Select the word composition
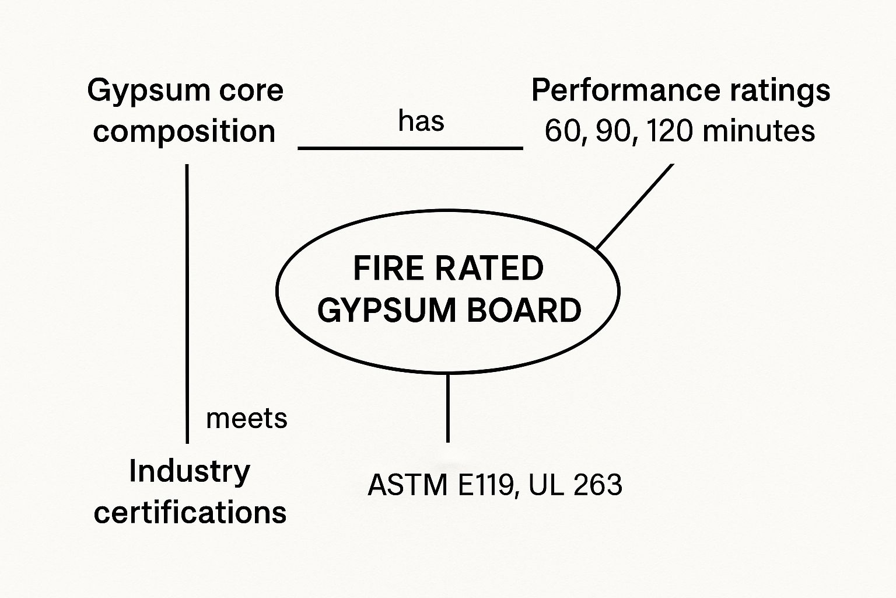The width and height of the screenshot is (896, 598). [x=184, y=131]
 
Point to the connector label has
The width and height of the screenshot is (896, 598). [x=421, y=121]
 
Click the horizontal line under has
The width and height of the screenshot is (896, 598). [x=410, y=148]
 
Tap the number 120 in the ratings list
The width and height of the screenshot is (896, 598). [x=670, y=131]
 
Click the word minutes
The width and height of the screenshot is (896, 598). [x=758, y=131]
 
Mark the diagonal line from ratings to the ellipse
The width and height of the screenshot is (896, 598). [x=635, y=206]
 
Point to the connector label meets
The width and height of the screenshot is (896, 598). [x=247, y=419]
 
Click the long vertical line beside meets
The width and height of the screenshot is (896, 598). [x=187, y=304]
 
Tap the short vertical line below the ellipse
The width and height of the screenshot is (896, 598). [x=447, y=408]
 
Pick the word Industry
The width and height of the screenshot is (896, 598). [x=190, y=471]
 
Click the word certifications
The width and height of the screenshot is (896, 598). [x=190, y=512]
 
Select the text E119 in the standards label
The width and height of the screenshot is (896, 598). [x=486, y=485]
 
